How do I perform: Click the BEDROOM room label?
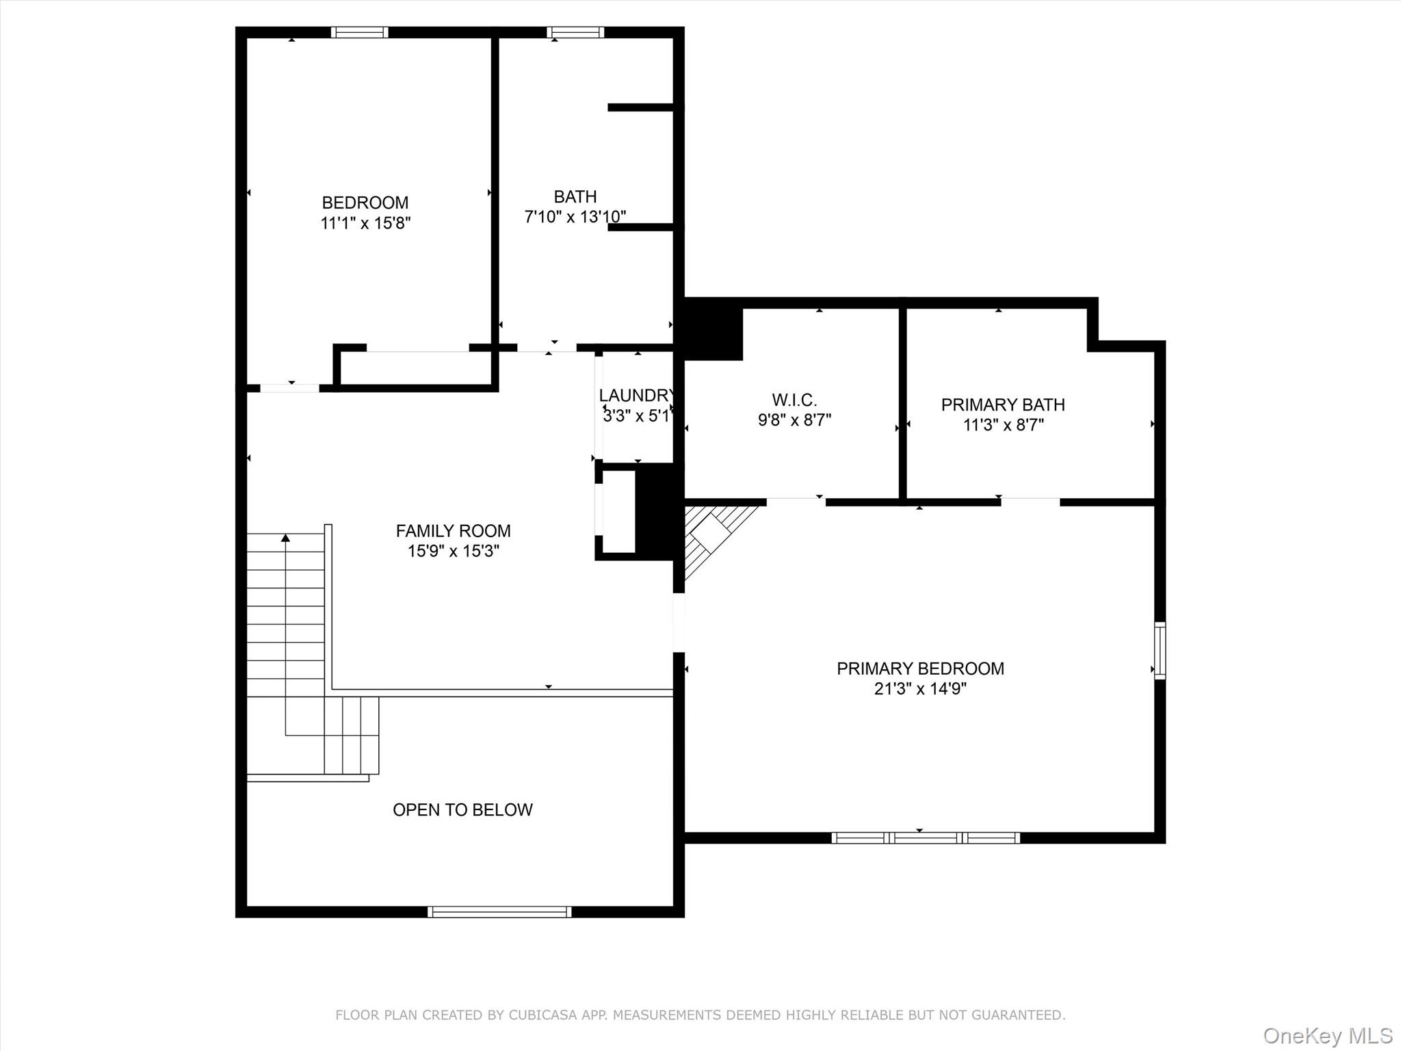click(365, 203)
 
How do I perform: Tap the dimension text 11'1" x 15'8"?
click(365, 223)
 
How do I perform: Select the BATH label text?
click(575, 197)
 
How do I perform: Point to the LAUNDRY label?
click(637, 395)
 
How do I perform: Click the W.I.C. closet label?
click(794, 400)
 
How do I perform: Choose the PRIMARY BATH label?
click(1003, 404)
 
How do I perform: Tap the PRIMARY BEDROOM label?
click(920, 669)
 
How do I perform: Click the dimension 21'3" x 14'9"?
click(920, 689)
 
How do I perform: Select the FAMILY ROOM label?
click(453, 531)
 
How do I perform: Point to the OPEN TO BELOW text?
click(462, 809)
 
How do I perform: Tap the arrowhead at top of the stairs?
click(285, 538)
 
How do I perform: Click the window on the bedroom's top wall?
click(360, 32)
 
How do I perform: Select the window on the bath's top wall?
click(575, 32)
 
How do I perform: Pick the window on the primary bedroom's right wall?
click(1160, 650)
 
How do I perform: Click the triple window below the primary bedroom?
click(926, 838)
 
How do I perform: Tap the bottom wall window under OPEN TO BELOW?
click(499, 911)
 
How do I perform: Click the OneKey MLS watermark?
click(1328, 1035)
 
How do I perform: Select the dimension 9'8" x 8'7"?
click(794, 419)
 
